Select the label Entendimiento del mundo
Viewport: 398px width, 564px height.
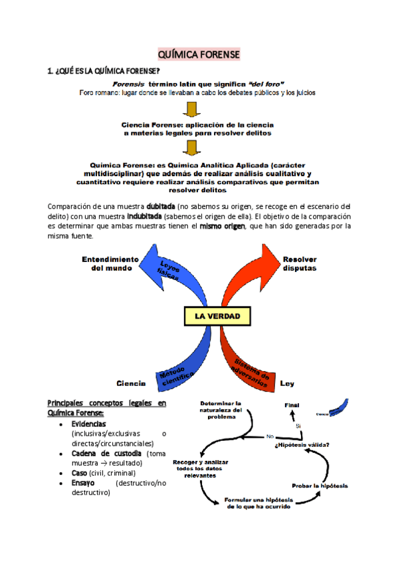(x=110, y=263)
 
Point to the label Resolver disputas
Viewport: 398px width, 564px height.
(x=299, y=263)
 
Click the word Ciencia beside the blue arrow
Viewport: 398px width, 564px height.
(x=131, y=384)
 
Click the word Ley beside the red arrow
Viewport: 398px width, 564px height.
(x=287, y=384)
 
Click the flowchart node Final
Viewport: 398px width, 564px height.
(x=292, y=405)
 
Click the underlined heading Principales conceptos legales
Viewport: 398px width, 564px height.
(x=107, y=403)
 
